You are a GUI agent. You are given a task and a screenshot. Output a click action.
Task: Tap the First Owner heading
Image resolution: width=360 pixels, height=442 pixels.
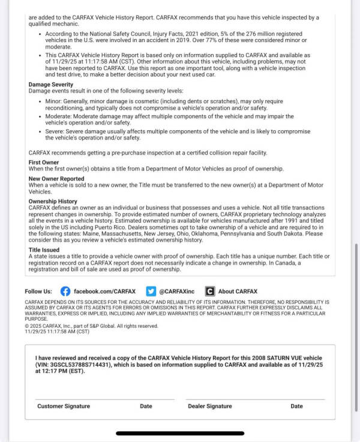click(43, 163)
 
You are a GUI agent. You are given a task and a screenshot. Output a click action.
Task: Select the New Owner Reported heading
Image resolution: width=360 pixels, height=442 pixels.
click(56, 178)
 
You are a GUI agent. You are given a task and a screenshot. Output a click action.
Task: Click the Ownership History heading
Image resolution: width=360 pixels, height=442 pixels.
click(53, 201)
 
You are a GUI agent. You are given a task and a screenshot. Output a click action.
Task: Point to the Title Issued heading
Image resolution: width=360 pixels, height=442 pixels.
click(44, 249)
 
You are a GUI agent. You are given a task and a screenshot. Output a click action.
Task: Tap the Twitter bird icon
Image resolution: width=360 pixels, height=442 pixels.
click(151, 291)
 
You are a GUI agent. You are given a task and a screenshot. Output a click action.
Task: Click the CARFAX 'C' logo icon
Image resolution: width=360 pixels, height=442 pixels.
click(209, 291)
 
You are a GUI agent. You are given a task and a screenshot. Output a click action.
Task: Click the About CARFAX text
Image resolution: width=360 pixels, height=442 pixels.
click(238, 291)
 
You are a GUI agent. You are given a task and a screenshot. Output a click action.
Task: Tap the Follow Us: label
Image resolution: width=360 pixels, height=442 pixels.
click(38, 291)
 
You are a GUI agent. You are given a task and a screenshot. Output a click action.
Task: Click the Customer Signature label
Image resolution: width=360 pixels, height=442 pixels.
click(64, 406)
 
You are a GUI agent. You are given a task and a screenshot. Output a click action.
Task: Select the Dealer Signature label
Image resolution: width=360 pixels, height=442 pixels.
click(210, 406)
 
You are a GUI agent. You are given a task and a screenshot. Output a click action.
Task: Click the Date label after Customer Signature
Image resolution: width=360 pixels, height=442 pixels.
click(146, 406)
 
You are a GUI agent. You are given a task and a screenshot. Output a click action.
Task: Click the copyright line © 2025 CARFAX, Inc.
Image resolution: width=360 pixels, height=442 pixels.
click(91, 326)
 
